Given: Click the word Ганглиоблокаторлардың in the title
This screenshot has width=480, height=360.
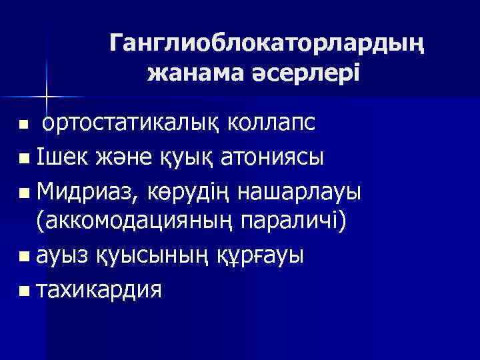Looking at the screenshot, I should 266,43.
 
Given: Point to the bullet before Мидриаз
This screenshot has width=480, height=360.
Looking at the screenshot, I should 24,193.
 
